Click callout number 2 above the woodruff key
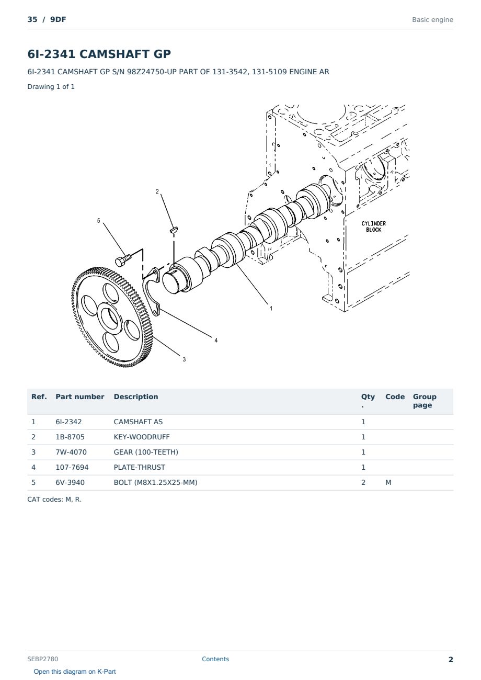(157, 191)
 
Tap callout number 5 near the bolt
(98, 221)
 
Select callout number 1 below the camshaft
(271, 309)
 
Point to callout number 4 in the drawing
(216, 341)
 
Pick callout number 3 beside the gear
(184, 359)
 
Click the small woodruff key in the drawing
(174, 230)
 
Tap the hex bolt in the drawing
(123, 260)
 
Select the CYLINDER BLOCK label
(374, 226)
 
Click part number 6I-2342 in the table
(68, 422)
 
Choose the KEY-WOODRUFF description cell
(142, 437)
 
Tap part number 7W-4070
(71, 452)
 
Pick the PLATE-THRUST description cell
(139, 467)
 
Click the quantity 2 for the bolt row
(363, 482)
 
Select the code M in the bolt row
(388, 482)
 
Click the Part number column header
(80, 397)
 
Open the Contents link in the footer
(215, 659)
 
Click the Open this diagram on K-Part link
(75, 672)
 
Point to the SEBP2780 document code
(42, 659)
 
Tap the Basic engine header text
(432, 20)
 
